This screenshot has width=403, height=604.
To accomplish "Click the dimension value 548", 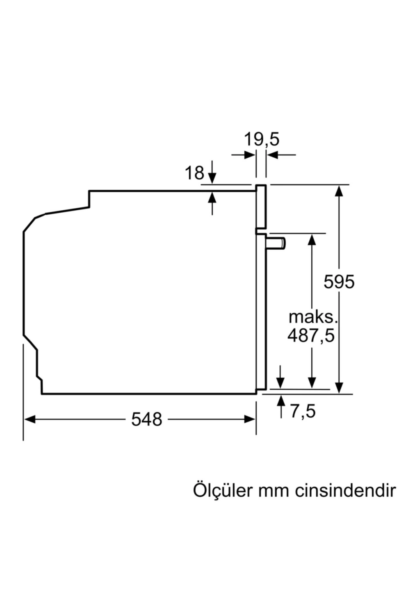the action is coord(146,419).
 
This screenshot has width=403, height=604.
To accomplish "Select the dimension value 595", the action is coord(339,282).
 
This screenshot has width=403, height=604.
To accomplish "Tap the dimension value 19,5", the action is coord(261,140).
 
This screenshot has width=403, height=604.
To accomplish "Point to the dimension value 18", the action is coord(194,173).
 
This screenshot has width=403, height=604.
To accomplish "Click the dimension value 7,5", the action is coord(303,411).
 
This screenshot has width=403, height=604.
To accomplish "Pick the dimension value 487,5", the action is coord(311,336).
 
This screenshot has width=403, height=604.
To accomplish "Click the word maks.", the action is coord(313,317).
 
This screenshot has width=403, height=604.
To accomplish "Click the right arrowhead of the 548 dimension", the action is coord(250,419).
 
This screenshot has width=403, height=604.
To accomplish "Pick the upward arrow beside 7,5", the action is coord(281,406).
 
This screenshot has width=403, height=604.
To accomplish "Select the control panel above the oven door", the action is coord(261,206).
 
